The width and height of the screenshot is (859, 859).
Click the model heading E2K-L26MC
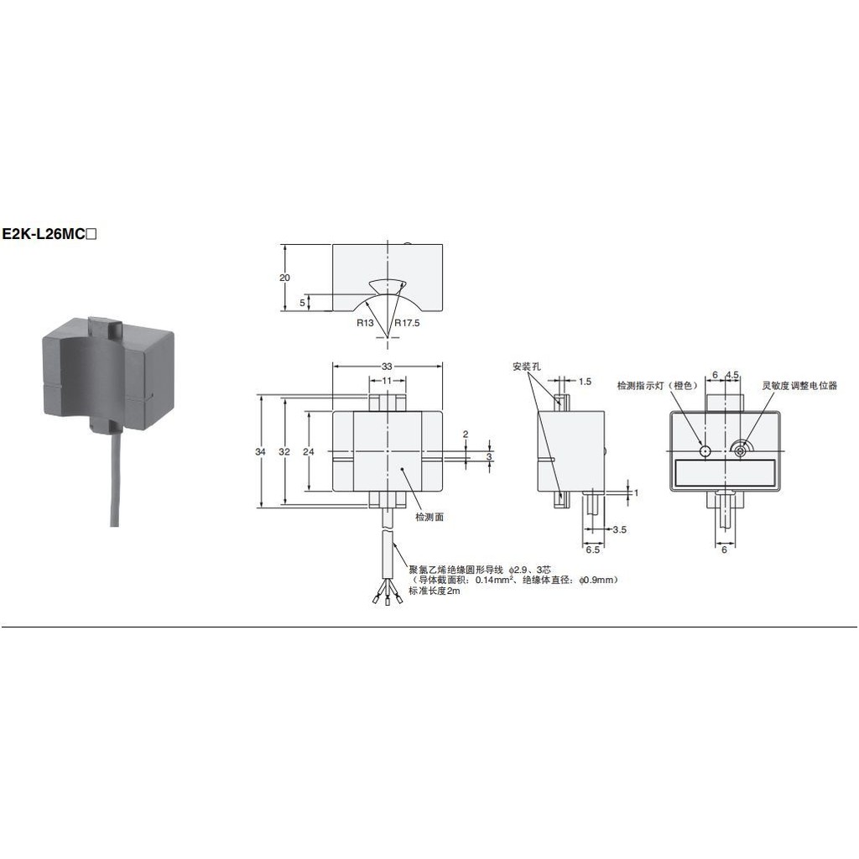[x=49, y=235]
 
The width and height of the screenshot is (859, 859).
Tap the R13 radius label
[x=365, y=323]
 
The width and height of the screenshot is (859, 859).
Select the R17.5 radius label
[x=407, y=323]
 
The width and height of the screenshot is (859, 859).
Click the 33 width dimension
[x=387, y=367]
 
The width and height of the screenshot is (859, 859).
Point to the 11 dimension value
[x=387, y=380]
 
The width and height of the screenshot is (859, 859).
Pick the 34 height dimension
[x=260, y=451]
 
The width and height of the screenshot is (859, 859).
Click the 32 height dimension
[x=284, y=451]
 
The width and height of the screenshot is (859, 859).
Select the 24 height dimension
[x=309, y=451]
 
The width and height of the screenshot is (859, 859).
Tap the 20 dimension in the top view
[x=284, y=278]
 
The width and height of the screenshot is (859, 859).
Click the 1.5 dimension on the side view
[x=585, y=382]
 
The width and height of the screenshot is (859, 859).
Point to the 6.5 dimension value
[x=593, y=549]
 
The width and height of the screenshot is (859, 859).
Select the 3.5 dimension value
[x=620, y=530]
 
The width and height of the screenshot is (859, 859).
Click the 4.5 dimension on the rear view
[x=732, y=375]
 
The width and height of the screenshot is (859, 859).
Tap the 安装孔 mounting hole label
[x=527, y=367]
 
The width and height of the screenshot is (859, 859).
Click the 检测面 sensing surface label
[x=429, y=517]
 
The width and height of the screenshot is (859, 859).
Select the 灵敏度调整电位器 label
[x=799, y=385]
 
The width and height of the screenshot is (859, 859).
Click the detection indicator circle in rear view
[x=705, y=450]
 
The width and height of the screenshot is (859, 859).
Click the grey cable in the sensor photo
[x=114, y=477]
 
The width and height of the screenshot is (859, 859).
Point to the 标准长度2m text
[x=435, y=591]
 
